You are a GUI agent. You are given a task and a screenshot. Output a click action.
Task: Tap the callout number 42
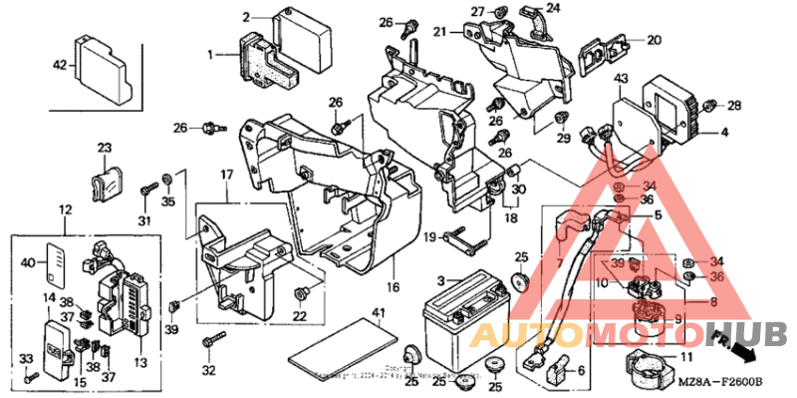point(61,66)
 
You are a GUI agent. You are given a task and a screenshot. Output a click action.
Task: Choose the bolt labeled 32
point(209,343)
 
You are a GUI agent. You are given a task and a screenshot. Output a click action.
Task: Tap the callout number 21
point(439,32)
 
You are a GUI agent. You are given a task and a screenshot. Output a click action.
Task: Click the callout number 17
point(226,176)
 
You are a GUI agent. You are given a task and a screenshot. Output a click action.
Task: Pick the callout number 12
point(66,210)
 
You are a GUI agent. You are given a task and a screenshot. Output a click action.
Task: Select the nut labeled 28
point(709,106)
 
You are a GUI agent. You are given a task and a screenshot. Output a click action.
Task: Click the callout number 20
point(653,41)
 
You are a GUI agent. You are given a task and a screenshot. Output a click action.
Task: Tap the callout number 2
point(246,17)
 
